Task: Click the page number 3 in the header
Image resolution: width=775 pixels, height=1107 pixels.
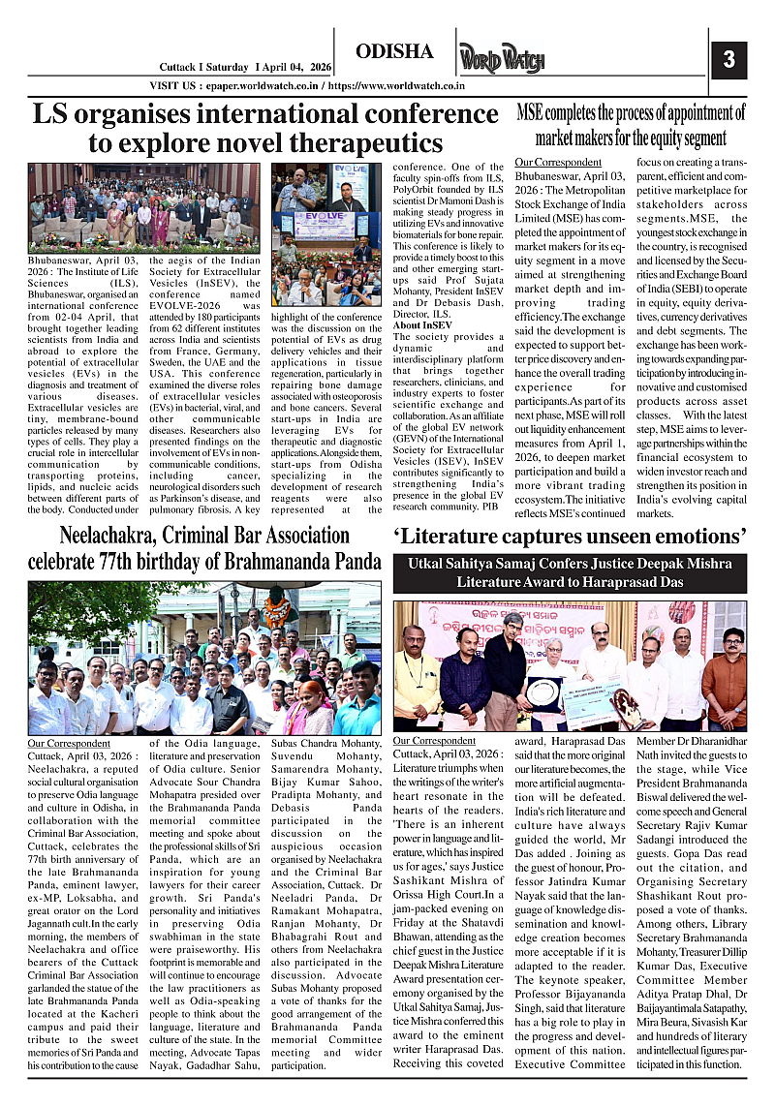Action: coord(728,59)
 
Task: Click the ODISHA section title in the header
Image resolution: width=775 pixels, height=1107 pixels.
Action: coord(394,51)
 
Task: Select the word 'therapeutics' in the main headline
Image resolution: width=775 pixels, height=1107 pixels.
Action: coord(356,143)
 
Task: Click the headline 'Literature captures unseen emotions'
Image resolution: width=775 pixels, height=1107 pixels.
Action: coord(570,535)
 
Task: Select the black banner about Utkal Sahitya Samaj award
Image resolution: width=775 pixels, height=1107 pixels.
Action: coord(570,571)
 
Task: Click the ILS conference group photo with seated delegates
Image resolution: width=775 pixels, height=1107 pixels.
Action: coord(143,207)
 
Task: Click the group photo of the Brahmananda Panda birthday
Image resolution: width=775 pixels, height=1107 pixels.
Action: coord(204,658)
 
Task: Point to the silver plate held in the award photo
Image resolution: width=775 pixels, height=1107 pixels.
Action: coord(543,692)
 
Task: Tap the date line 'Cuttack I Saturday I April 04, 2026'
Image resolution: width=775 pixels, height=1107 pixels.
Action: coord(244,67)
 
